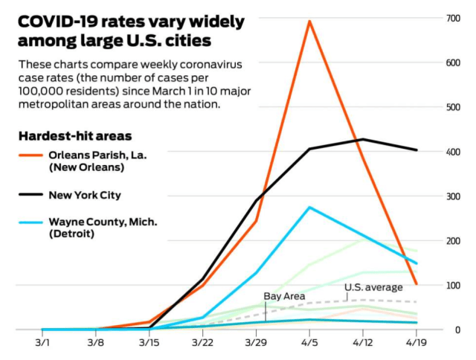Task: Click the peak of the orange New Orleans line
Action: click(309, 21)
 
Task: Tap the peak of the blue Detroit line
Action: click(309, 208)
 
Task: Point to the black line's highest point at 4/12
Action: click(362, 139)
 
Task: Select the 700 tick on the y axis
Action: click(453, 18)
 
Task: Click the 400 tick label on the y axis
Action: click(453, 152)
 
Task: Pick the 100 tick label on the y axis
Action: click(453, 286)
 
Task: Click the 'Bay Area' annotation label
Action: click(284, 296)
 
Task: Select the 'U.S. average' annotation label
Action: click(373, 287)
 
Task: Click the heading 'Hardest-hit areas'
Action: click(75, 137)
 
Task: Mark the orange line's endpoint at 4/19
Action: click(416, 284)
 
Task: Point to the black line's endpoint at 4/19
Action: click(416, 150)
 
